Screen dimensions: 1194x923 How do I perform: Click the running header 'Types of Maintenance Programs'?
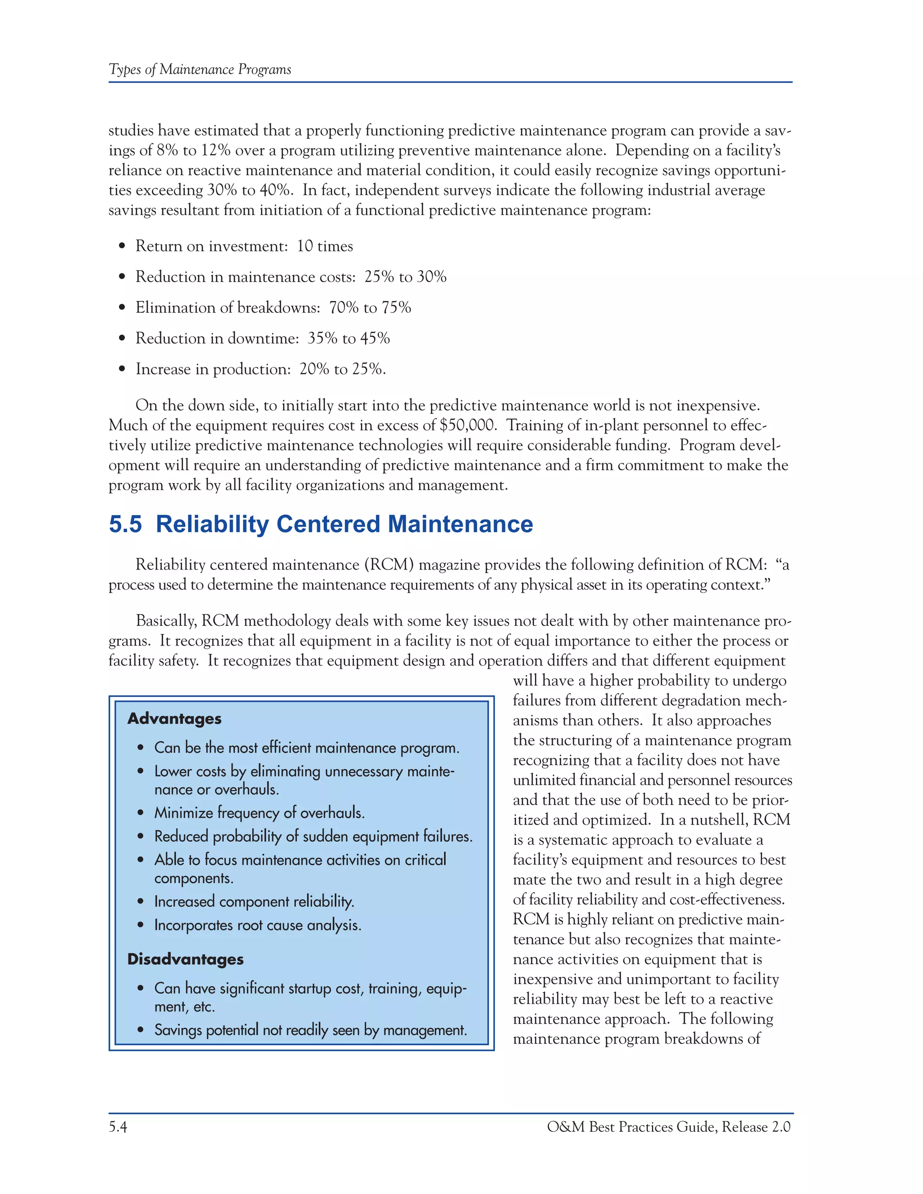tap(200, 69)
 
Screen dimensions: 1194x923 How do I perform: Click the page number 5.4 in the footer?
tap(118, 1127)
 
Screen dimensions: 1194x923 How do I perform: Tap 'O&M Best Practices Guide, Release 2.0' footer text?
tap(668, 1127)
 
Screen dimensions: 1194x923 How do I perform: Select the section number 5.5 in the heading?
tap(125, 524)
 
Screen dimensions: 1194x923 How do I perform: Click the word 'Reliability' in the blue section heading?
tap(212, 524)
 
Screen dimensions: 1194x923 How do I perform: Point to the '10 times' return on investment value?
tap(325, 246)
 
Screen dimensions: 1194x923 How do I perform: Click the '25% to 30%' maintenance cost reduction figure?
tap(405, 277)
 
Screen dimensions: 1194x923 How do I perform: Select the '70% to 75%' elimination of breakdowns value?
tap(370, 307)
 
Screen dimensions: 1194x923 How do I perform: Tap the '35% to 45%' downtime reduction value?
tap(348, 338)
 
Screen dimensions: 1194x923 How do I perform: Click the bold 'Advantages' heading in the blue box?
tap(174, 718)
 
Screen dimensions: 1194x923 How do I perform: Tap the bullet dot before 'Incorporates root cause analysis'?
tap(141, 925)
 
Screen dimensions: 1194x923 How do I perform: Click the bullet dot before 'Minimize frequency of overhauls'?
tap(141, 813)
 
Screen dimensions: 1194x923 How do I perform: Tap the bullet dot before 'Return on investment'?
tap(122, 246)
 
